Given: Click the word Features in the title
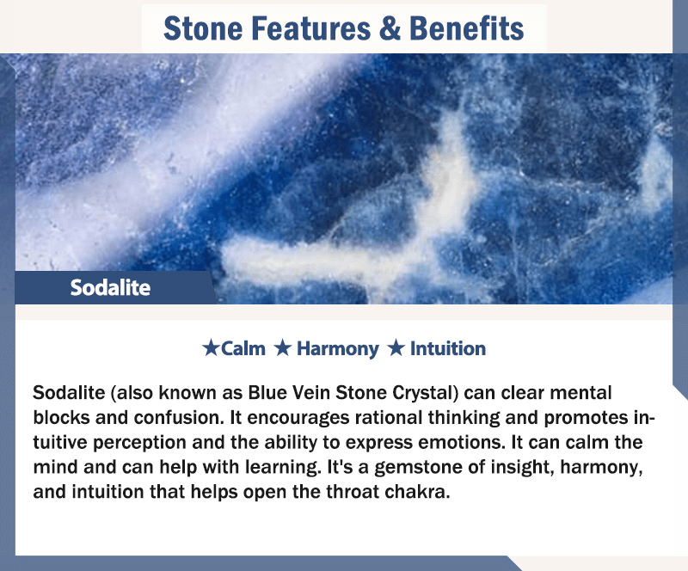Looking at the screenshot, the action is [x=311, y=28].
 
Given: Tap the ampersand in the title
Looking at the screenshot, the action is [x=390, y=28].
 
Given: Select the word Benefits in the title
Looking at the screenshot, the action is [x=466, y=28].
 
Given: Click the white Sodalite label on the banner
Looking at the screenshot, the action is [x=110, y=288].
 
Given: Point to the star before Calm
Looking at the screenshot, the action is [x=211, y=348].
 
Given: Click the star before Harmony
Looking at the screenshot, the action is [x=283, y=348].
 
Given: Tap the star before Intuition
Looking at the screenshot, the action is [x=396, y=348].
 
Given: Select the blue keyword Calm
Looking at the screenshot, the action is [x=243, y=349].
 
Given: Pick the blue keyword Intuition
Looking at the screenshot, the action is [x=448, y=349].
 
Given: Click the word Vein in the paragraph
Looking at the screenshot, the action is [x=311, y=393].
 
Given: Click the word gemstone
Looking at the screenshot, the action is [x=418, y=468].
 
